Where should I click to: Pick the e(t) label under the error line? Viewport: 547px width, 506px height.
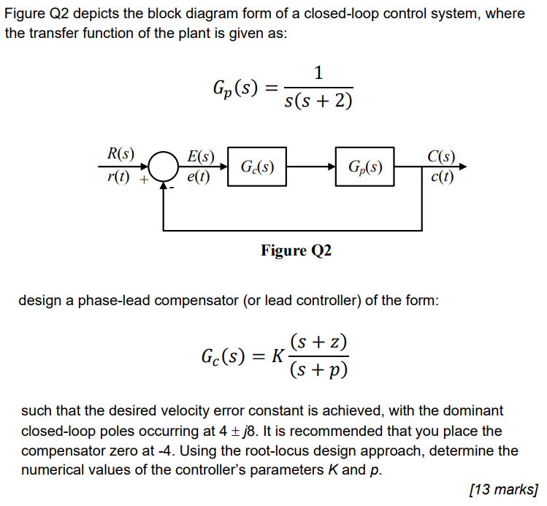tap(198, 176)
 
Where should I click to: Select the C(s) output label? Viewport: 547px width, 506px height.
tap(442, 156)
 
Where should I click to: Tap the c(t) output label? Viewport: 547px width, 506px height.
tap(442, 176)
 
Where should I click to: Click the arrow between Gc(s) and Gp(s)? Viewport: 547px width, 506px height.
tap(310, 166)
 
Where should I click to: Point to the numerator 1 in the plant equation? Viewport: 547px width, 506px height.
tap(317, 73)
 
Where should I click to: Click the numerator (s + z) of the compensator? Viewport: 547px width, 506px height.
tap(318, 342)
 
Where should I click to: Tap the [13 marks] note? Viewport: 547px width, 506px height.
tap(505, 488)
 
